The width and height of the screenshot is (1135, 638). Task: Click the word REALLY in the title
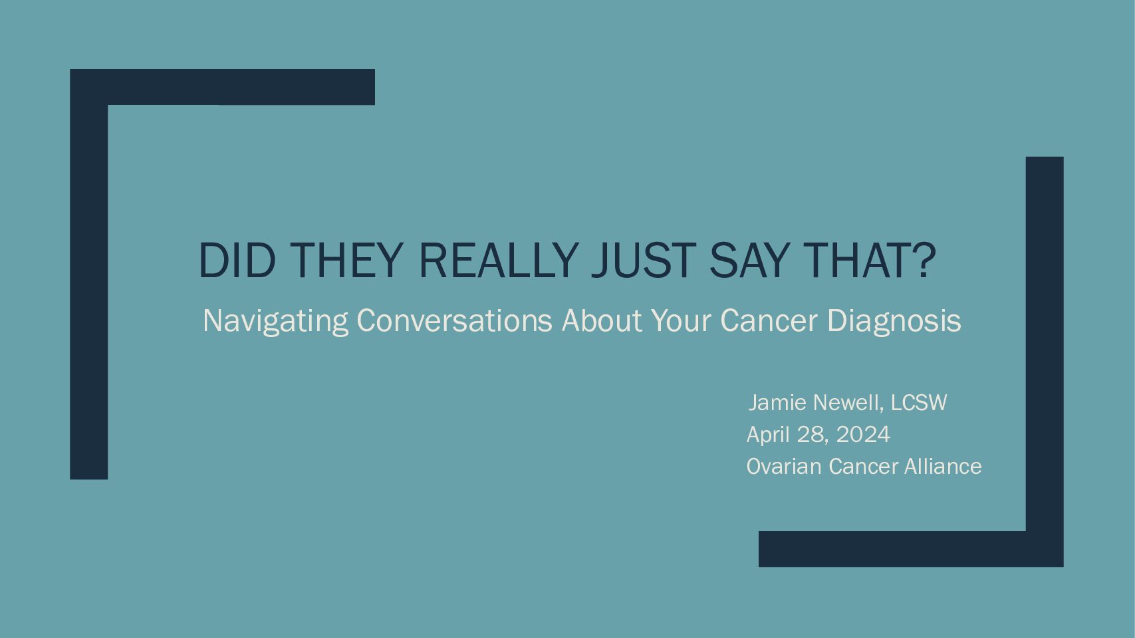[x=499, y=261]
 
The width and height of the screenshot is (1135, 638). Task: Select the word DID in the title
[x=237, y=261]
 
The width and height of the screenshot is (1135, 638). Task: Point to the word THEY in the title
[x=346, y=261]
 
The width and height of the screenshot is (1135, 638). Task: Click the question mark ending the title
[x=926, y=261]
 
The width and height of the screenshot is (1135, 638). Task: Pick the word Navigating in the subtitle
[x=276, y=321]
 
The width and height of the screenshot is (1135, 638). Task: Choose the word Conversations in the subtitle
[x=455, y=320]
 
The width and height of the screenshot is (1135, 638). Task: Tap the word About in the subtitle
[x=602, y=320]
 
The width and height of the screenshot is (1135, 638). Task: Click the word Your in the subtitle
[x=681, y=320]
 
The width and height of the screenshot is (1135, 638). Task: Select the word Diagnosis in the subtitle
[x=894, y=321]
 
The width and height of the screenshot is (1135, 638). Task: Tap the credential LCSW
[x=919, y=403]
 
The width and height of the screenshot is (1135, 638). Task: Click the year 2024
[x=863, y=435]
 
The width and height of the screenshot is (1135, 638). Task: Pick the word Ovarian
[x=784, y=467]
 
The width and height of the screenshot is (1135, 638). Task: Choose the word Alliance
[x=943, y=467]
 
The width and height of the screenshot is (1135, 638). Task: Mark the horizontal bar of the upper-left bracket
[x=222, y=87]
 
